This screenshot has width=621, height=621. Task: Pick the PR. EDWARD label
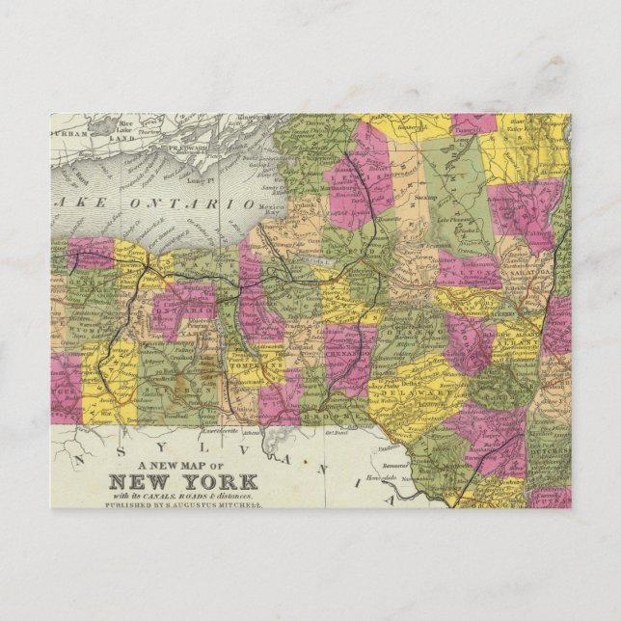coord(194,148)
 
